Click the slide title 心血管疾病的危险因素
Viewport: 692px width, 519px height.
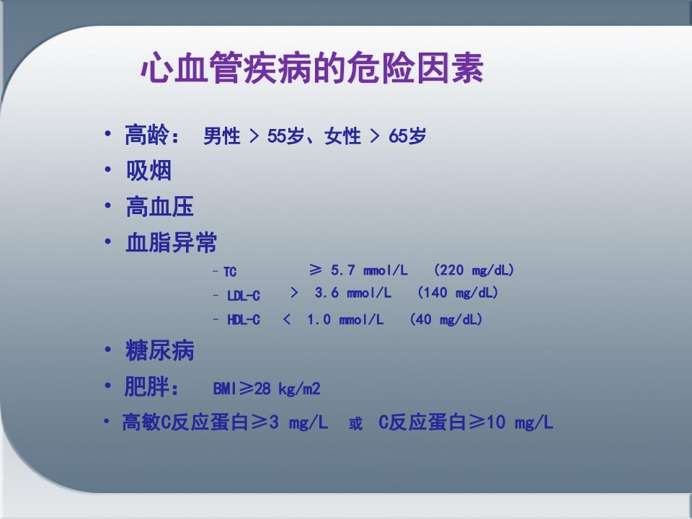pyautogui.click(x=311, y=70)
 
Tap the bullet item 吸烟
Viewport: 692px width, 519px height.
pyautogui.click(x=148, y=172)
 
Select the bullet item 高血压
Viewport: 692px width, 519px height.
pyautogui.click(x=159, y=208)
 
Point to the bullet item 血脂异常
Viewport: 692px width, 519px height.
pyautogui.click(x=171, y=243)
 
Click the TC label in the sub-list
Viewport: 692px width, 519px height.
pyautogui.click(x=229, y=272)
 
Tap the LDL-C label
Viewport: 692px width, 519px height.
pyautogui.click(x=244, y=296)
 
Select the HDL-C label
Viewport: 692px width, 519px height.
pyautogui.click(x=244, y=320)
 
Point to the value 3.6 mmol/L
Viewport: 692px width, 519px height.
pyautogui.click(x=352, y=293)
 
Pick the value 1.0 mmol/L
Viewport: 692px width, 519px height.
pyautogui.click(x=345, y=319)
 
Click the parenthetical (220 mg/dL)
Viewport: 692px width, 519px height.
pyautogui.click(x=474, y=270)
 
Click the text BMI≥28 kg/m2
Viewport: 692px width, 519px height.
pyautogui.click(x=266, y=389)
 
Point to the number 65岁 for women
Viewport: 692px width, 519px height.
pyautogui.click(x=407, y=136)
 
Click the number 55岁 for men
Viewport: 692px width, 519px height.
pyautogui.click(x=286, y=136)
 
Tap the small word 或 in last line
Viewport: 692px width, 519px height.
pyautogui.click(x=355, y=425)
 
